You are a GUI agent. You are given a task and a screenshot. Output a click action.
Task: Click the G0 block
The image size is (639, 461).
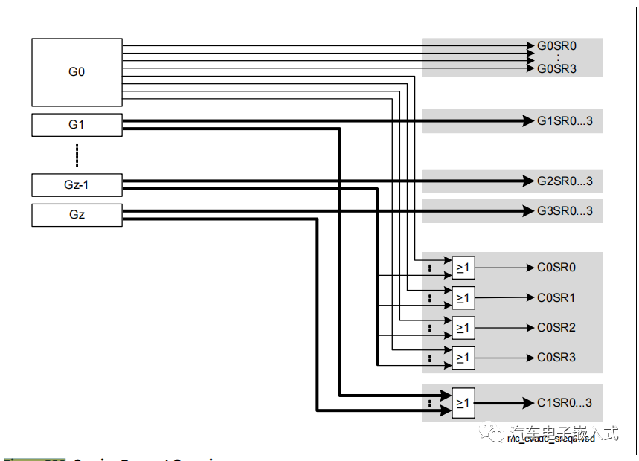(77, 72)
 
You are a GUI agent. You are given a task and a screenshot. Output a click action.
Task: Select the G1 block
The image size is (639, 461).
(77, 125)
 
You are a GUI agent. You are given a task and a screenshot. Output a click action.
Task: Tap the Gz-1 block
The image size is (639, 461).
(77, 184)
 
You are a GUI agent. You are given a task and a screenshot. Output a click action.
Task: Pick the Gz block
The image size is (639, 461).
(77, 215)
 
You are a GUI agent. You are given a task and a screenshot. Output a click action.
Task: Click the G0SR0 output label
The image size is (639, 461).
(556, 46)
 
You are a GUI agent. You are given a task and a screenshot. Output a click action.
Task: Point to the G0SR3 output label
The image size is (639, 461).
(556, 68)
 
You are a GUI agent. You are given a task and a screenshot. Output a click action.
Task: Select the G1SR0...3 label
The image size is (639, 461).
(565, 121)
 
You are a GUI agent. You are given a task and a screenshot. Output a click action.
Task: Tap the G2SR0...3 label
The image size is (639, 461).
(565, 181)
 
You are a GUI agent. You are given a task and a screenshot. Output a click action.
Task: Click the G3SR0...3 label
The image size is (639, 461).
(565, 211)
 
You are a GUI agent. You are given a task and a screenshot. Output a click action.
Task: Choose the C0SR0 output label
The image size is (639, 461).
(556, 268)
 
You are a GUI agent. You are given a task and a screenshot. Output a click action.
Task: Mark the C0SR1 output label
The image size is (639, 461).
(556, 298)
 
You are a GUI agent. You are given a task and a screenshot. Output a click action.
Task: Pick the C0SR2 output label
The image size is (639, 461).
(556, 328)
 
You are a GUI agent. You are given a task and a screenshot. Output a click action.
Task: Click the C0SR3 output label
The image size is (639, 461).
(556, 358)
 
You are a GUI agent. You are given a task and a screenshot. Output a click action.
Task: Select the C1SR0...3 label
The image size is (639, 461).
(565, 403)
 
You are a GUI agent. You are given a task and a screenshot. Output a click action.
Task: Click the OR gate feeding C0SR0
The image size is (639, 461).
(463, 268)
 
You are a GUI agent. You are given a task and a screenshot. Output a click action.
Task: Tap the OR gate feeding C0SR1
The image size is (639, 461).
(463, 298)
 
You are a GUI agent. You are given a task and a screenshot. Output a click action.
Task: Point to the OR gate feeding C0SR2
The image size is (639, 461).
(463, 328)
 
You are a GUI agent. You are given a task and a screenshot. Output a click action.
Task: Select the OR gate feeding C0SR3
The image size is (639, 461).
(463, 358)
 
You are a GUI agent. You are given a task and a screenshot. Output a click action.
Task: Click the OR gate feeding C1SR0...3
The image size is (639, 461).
(463, 403)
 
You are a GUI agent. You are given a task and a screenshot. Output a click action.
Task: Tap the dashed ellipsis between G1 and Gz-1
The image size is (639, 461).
(77, 155)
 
